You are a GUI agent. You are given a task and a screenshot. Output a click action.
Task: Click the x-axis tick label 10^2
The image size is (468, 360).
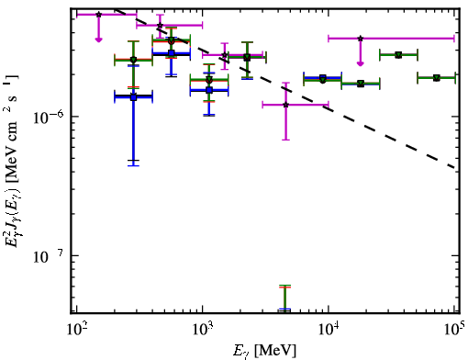coord(77,331)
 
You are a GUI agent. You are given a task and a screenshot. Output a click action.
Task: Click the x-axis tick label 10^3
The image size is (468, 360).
coord(203,331)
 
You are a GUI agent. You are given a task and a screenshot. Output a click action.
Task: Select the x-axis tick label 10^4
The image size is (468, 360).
coord(329,331)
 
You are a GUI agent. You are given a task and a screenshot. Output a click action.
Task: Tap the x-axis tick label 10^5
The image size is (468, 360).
coord(454,331)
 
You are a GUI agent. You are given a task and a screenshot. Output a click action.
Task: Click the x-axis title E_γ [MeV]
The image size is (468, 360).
coord(264,351)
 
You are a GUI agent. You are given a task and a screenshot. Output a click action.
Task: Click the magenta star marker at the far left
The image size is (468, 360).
coord(98,15)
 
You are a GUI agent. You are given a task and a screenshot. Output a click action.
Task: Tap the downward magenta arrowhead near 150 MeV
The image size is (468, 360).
coord(98,39)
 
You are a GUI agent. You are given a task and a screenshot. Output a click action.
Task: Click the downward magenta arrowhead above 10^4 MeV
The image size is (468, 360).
coord(361,63)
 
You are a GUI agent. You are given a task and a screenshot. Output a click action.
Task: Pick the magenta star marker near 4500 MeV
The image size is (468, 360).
coord(285,105)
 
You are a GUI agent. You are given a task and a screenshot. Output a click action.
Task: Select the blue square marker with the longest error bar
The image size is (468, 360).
coord(133,97)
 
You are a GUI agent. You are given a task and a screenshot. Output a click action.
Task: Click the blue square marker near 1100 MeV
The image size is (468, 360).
coord(209,90)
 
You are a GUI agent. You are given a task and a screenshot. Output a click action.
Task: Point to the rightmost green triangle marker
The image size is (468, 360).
coord(437,78)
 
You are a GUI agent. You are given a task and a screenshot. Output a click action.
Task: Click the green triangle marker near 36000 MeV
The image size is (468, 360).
coord(398,55)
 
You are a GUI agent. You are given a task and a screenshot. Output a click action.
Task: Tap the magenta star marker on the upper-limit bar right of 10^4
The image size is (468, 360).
coord(361,39)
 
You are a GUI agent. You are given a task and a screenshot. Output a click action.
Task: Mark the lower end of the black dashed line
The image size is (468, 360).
coord(455,168)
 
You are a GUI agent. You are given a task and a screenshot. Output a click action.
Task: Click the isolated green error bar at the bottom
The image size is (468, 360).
coord(284,298)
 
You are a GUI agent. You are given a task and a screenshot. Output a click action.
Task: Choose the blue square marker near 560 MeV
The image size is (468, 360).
coord(172,53)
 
